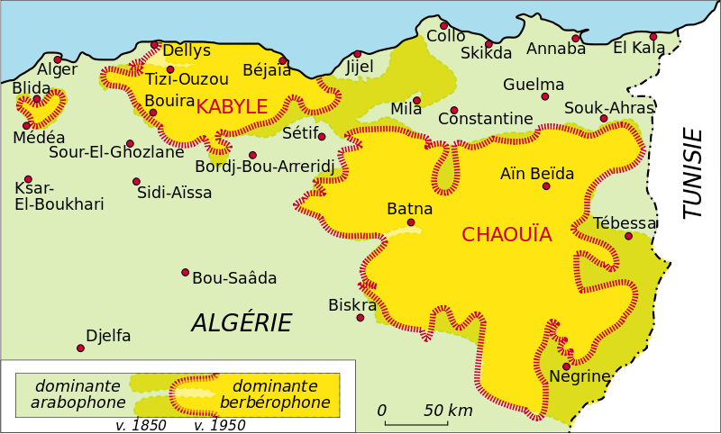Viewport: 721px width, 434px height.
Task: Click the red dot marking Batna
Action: click(x=411, y=222)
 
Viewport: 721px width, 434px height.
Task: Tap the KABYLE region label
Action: click(x=232, y=107)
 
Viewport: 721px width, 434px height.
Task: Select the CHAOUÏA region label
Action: click(x=506, y=235)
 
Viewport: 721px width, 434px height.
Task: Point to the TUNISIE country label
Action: click(x=692, y=173)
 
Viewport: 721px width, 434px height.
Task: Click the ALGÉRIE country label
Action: click(x=242, y=323)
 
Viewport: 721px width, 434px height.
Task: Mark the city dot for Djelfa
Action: click(x=80, y=348)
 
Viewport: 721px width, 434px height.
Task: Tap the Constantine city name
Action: click(x=485, y=119)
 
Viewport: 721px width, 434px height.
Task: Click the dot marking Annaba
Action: click(x=576, y=38)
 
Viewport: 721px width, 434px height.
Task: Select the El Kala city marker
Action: click(x=653, y=37)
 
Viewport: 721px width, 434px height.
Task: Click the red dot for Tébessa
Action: click(x=628, y=236)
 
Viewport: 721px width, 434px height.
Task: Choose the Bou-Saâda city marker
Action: click(x=185, y=272)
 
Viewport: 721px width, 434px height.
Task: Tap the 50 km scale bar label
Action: click(x=448, y=411)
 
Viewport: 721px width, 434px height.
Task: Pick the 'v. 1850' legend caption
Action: click(x=141, y=425)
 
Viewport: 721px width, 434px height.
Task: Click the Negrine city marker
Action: click(x=566, y=366)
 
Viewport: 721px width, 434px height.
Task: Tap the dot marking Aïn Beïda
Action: click(x=546, y=186)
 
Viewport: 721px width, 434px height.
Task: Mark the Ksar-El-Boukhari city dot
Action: click(x=28, y=179)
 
